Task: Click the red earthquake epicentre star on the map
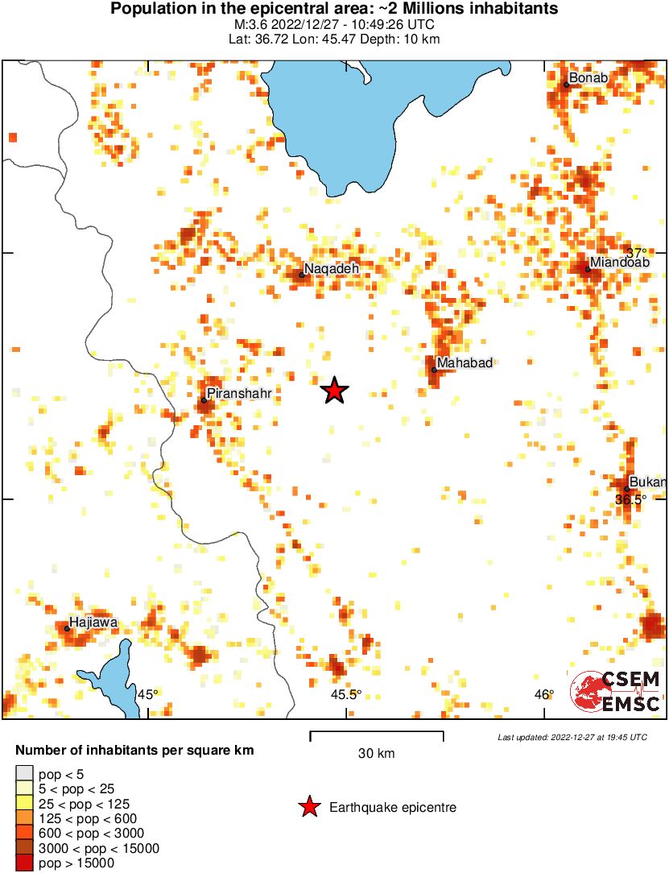coord(334,391)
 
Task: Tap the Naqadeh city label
coord(331,268)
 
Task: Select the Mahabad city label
coord(464,363)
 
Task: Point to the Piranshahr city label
coord(238,394)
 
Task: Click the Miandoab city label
coord(619,263)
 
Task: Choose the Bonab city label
coord(588,78)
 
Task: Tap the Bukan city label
coord(647,482)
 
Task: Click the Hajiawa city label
coord(93,622)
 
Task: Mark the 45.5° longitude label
coord(346,694)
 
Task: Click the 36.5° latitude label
coord(630,499)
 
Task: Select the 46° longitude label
coord(543,694)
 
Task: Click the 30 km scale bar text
coord(376,754)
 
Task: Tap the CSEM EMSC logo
coord(616,692)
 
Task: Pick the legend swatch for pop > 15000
coord(25,863)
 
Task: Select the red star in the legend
coord(309,807)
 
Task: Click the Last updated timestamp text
coord(572,737)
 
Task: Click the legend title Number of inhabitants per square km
coord(134,751)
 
